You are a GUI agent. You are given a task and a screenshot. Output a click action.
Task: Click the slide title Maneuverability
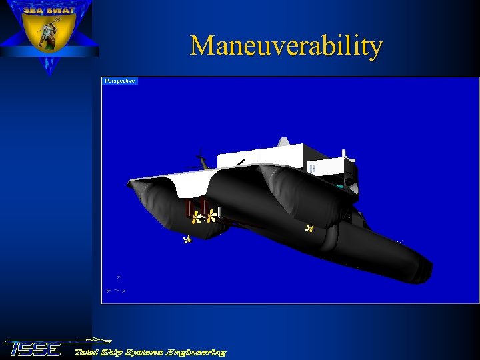coord(286,46)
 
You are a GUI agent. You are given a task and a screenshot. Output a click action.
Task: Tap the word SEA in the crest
coord(35,10)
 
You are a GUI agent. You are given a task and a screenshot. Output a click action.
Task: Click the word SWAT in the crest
coord(61,10)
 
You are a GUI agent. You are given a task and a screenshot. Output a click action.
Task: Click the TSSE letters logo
coord(33,349)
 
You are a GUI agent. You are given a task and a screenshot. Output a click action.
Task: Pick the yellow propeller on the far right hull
coord(309,229)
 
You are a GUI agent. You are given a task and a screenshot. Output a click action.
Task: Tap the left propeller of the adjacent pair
coord(197,217)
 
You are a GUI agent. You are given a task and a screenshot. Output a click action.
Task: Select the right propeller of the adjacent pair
coord(212,216)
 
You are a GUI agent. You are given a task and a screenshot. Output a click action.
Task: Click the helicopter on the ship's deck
coord(199,162)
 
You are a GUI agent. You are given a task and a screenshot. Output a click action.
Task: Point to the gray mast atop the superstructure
coord(283,141)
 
